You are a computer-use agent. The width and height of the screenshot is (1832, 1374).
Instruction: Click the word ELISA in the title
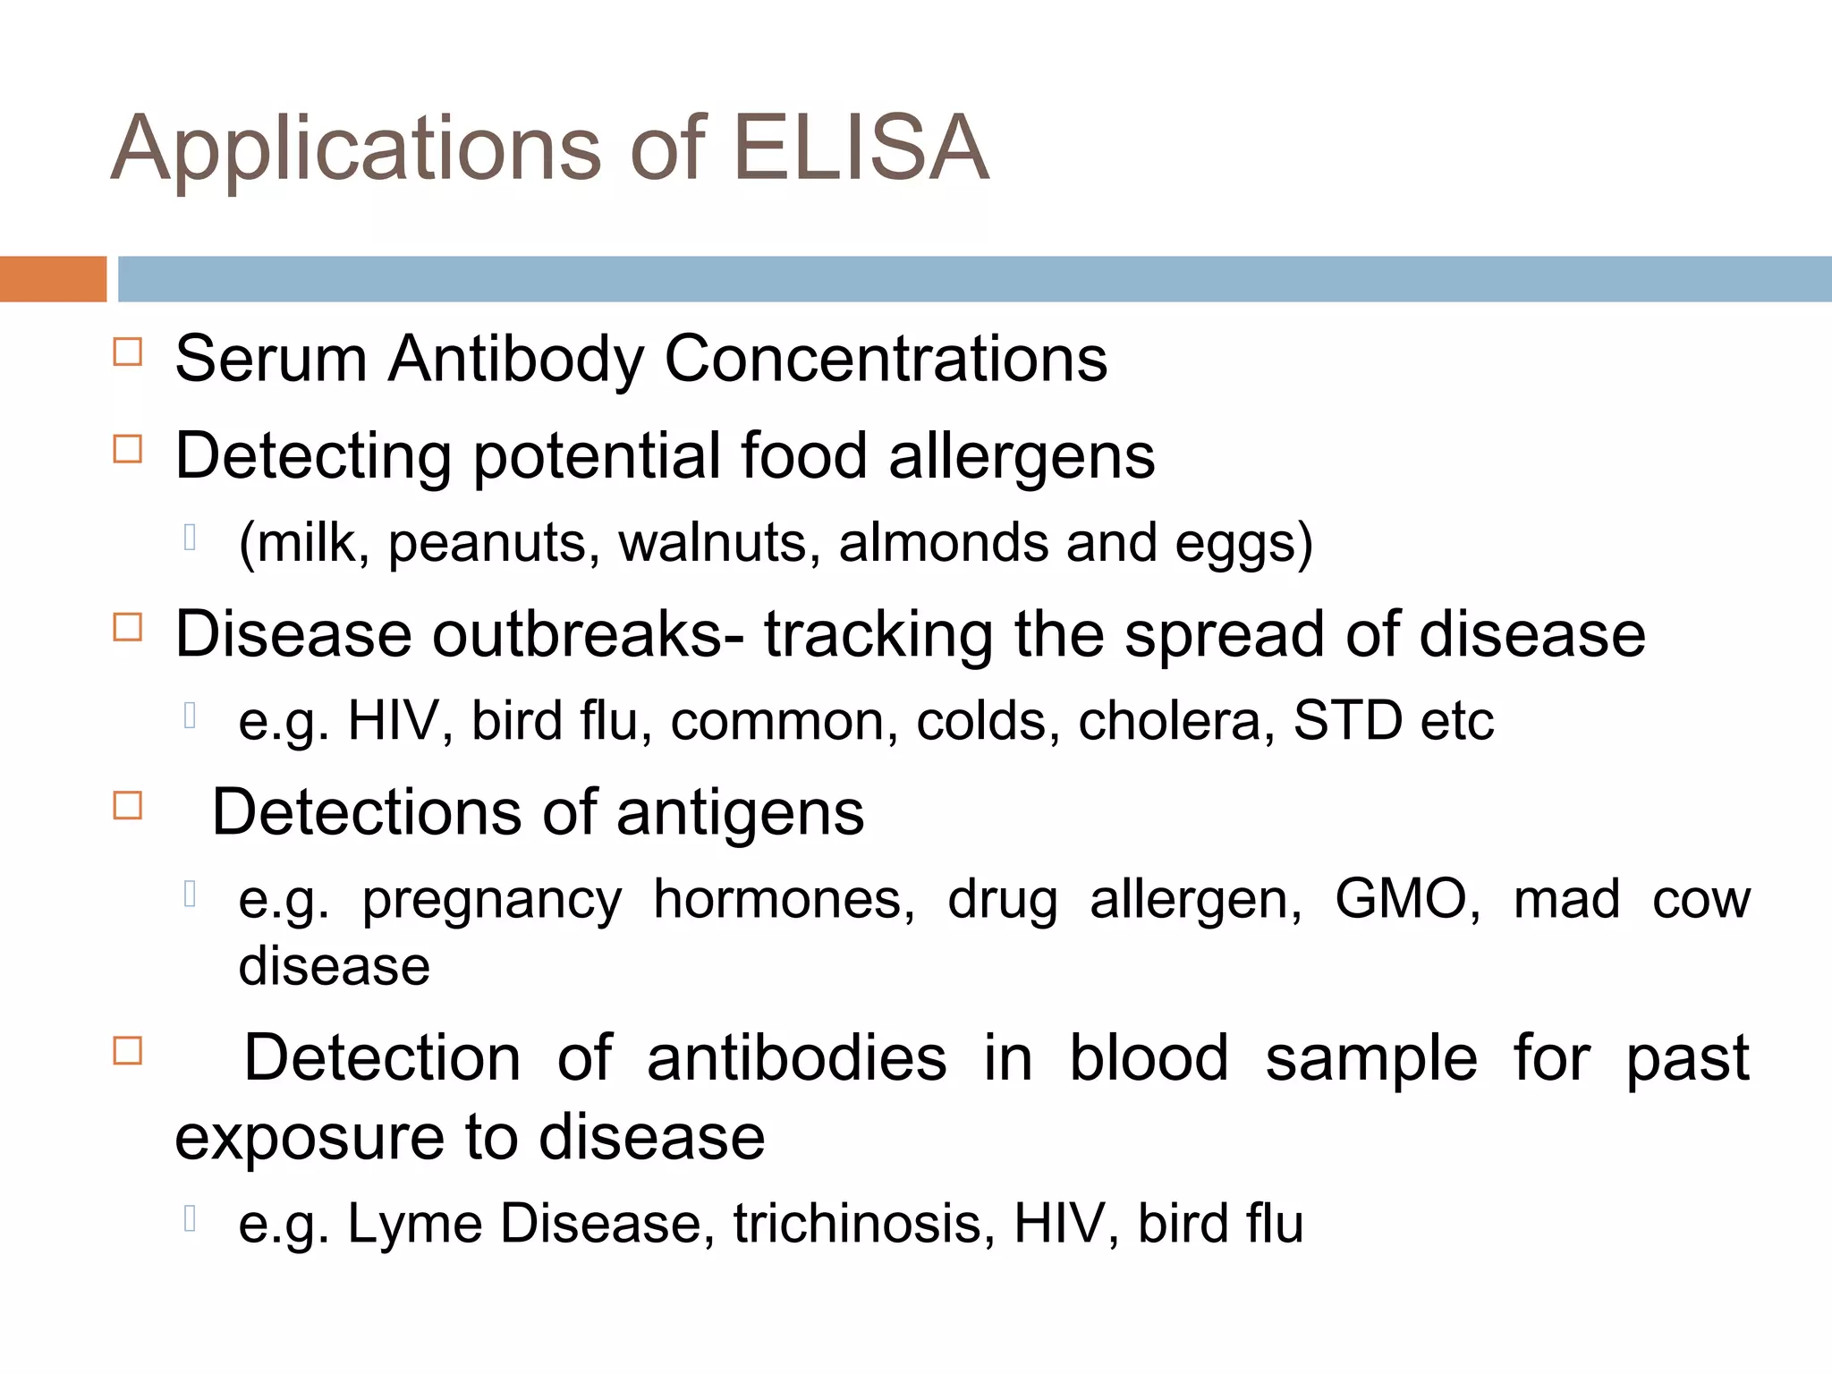[861, 148]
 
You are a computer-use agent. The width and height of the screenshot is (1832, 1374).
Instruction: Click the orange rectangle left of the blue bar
[53, 279]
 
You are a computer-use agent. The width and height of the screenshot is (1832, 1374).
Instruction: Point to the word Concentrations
[886, 359]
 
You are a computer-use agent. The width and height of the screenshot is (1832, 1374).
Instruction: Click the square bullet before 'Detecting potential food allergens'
[128, 449]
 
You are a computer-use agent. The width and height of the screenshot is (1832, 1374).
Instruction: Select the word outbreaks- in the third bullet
[588, 634]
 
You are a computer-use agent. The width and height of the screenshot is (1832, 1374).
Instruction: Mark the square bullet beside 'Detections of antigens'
[128, 806]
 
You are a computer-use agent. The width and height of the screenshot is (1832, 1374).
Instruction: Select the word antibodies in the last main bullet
[796, 1058]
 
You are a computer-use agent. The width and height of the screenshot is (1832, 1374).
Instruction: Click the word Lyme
[414, 1225]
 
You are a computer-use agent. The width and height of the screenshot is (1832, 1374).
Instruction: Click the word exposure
[310, 1140]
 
